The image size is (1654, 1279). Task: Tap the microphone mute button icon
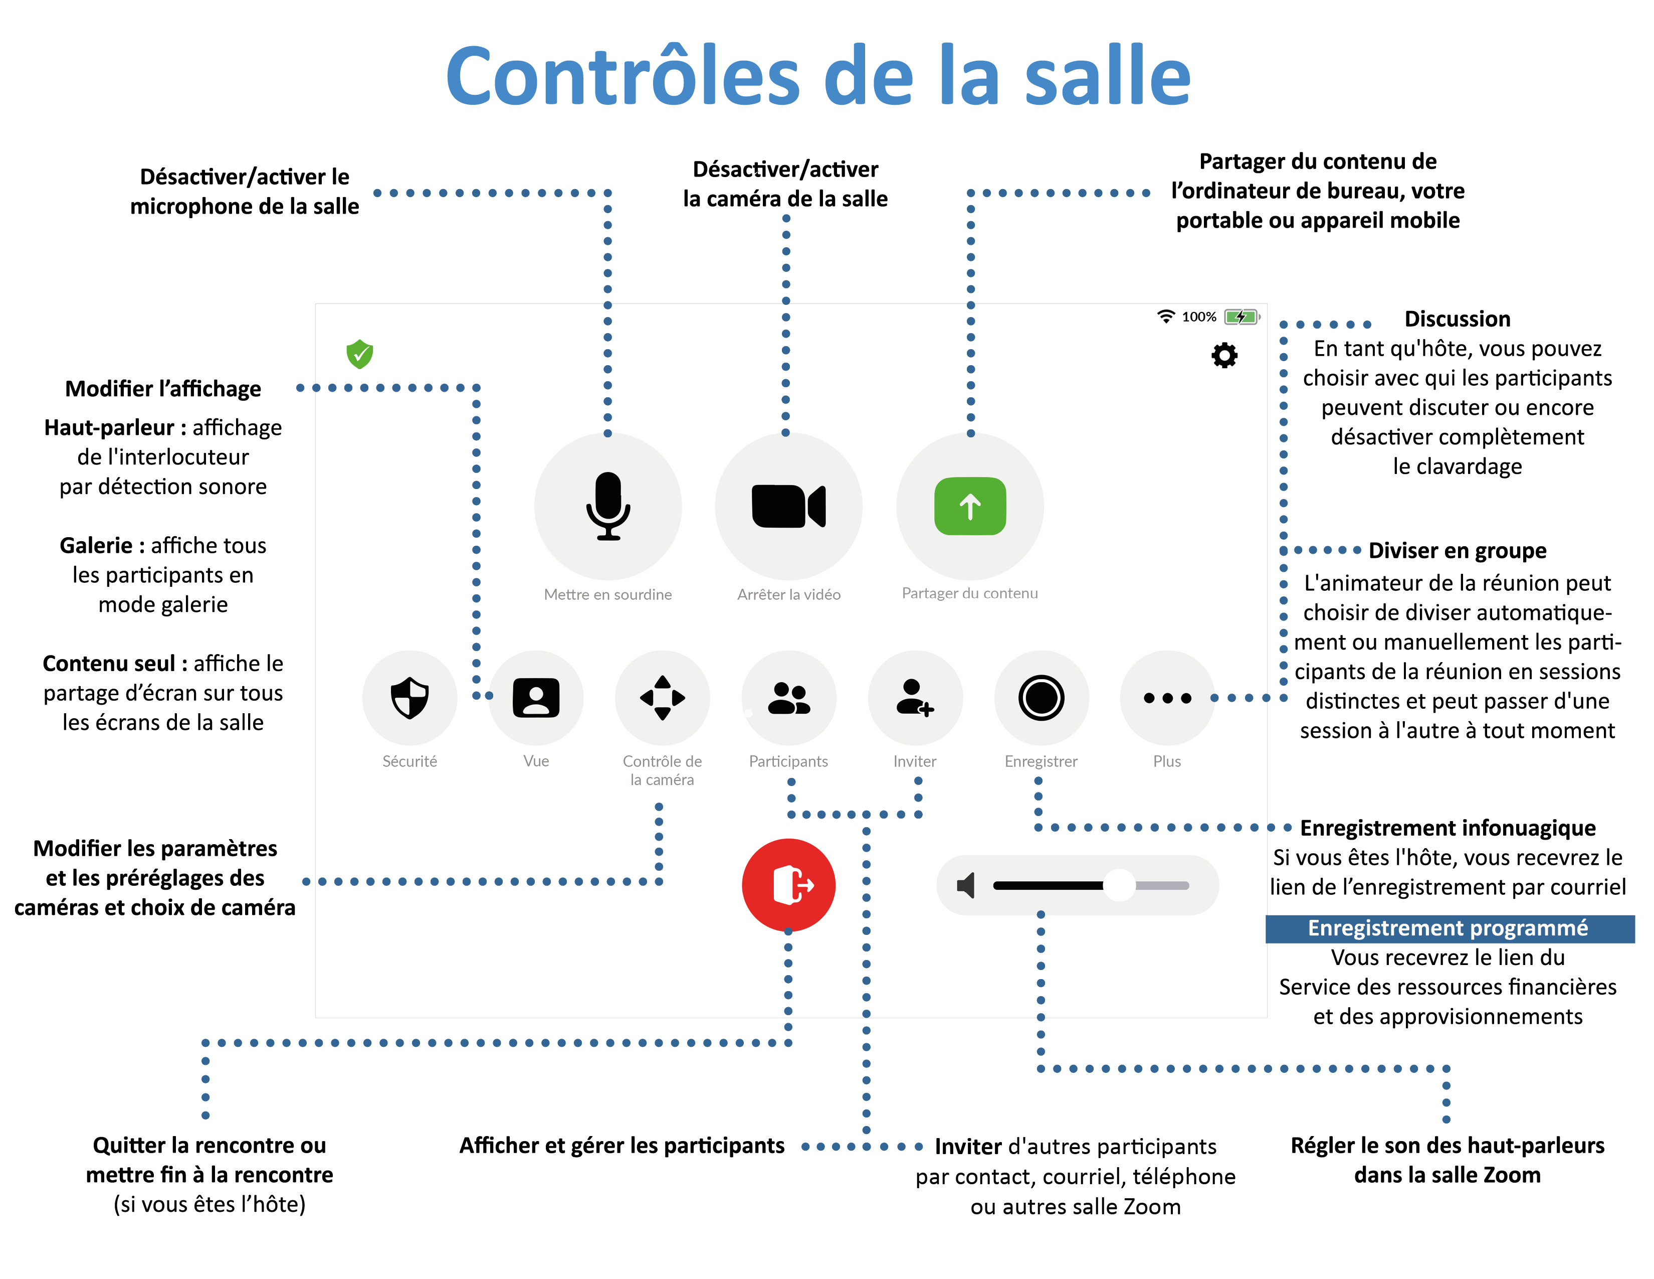(607, 506)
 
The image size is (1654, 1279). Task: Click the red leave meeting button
(788, 884)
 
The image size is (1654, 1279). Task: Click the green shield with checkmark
(360, 354)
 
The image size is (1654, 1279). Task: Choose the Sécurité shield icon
(409, 697)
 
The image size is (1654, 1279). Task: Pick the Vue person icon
(536, 697)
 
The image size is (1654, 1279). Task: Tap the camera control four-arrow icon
(662, 697)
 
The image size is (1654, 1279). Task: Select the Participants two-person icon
(788, 697)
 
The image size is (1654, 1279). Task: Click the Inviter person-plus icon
(914, 697)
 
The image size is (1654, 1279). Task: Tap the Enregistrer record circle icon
(1042, 697)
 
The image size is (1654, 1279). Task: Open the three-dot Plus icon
(1167, 697)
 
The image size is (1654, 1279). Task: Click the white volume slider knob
(1119, 885)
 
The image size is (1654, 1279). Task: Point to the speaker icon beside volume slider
(966, 885)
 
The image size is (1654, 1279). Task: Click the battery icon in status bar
(1242, 316)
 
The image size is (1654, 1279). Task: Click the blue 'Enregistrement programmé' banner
(1449, 928)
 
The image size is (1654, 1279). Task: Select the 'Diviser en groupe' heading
(1457, 550)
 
